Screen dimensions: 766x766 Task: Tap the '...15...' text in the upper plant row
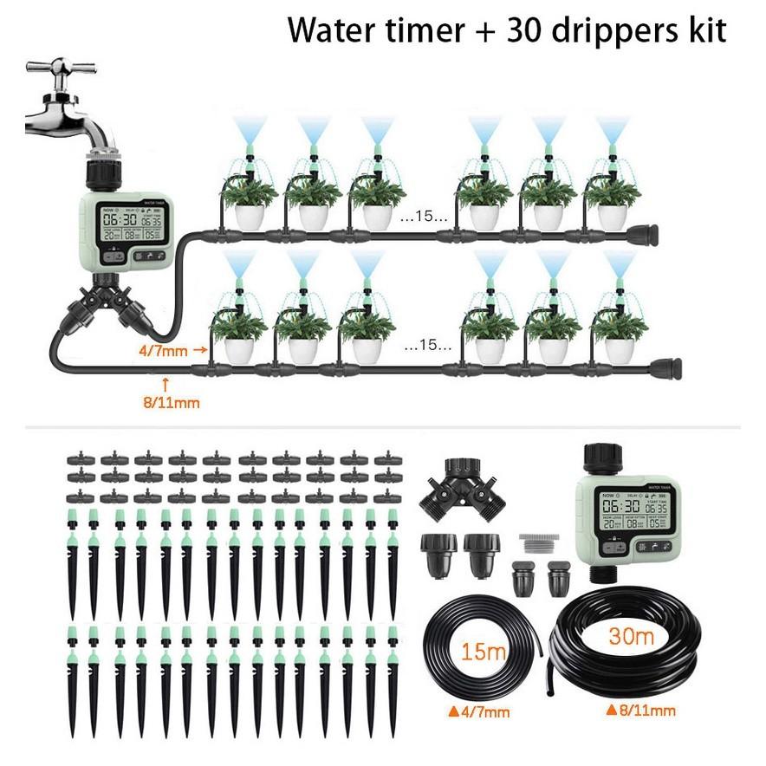[x=424, y=217]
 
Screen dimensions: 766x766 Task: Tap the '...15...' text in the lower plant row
[x=427, y=347]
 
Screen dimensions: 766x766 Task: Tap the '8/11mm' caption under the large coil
[x=641, y=711]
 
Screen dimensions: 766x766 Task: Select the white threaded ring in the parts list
[x=539, y=544]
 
